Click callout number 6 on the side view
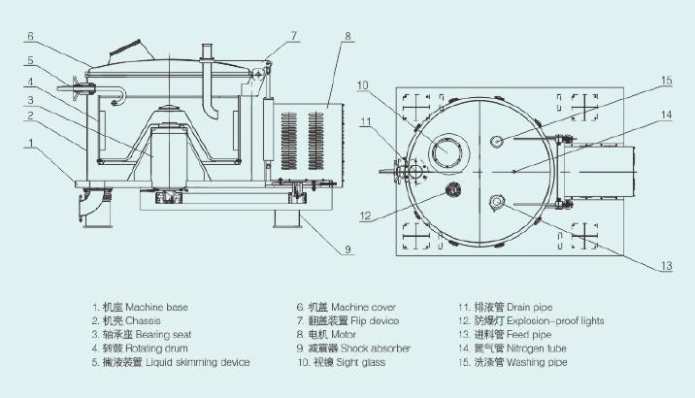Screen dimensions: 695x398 click(30, 36)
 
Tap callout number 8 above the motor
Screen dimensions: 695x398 click(347, 36)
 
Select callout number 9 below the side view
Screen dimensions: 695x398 click(347, 249)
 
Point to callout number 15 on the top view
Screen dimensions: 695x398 click(667, 81)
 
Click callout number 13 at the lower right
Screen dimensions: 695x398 click(667, 266)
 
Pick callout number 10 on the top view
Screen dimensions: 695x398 click(363, 85)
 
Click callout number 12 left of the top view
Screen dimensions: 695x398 click(365, 216)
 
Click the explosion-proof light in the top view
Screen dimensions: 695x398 click(453, 190)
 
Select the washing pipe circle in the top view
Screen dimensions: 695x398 click(496, 141)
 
